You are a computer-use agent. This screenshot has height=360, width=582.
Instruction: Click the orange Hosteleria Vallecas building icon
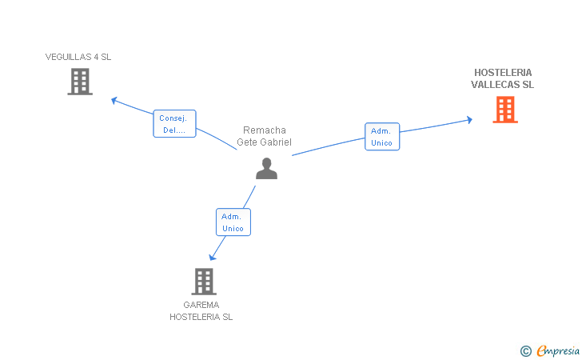pos(505,110)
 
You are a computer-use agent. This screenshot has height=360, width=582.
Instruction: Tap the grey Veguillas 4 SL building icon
pos(80,82)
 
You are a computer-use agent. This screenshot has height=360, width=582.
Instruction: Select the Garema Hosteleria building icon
pos(204,281)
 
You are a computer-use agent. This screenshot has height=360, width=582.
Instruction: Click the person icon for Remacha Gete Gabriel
pos(266,168)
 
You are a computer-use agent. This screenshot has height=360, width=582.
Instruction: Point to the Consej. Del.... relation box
pos(174,124)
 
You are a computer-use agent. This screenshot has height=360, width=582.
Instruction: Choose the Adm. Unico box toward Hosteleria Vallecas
pos(381,137)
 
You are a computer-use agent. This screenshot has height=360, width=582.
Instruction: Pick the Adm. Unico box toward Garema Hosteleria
pos(233,222)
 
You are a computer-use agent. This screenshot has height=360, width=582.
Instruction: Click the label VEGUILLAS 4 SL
pos(78,57)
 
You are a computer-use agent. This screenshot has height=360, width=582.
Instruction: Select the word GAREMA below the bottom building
pos(201,305)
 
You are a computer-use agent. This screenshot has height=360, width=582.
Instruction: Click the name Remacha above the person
pos(264,130)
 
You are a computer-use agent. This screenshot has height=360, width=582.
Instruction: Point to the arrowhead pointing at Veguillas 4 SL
pos(114,100)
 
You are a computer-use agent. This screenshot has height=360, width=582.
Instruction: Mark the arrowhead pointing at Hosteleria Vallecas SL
pos(469,120)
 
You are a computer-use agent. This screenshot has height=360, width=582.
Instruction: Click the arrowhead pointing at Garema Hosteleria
pos(212,257)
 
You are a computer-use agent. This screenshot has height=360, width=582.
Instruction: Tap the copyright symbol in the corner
pos(525,350)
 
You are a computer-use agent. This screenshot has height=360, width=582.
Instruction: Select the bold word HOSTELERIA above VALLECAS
pos(503,72)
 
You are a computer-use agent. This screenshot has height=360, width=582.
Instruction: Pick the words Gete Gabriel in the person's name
pos(264,142)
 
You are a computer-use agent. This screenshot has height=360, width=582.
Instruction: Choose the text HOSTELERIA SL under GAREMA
pos(201,317)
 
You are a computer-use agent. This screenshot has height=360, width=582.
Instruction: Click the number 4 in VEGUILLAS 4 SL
pos(96,57)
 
